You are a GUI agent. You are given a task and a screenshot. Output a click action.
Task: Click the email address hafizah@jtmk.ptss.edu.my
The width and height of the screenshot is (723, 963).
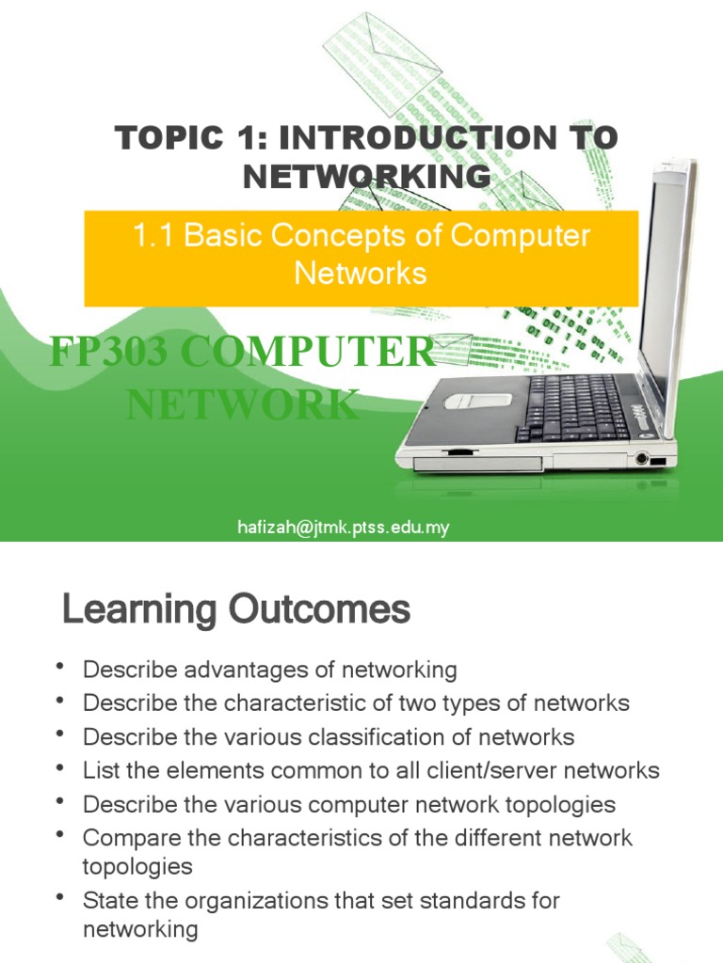343,528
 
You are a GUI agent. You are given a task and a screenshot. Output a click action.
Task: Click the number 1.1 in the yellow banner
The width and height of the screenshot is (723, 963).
154,235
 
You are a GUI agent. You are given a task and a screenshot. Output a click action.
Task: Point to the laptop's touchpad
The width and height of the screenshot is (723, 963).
477,400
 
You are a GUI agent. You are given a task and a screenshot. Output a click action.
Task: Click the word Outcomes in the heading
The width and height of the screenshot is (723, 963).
319,610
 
